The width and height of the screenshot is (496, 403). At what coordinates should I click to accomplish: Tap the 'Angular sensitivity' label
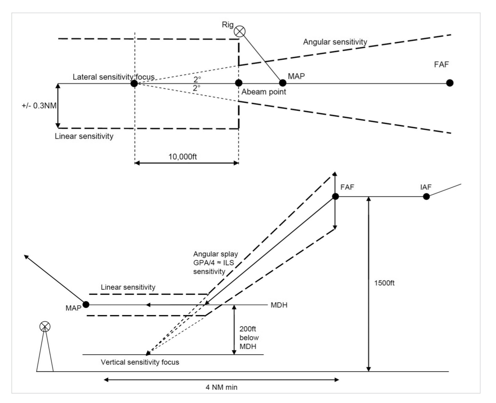335,42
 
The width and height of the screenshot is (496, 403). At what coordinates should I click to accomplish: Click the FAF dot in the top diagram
450,83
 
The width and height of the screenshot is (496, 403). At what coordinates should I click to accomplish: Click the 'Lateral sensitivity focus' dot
134,83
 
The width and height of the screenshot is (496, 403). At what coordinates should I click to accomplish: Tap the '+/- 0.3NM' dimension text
35,105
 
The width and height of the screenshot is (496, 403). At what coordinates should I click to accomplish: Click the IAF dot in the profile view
426,197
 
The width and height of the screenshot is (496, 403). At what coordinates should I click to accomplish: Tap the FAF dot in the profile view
335,196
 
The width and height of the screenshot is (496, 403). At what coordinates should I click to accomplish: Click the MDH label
279,305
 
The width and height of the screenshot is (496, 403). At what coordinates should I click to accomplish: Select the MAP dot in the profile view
86,304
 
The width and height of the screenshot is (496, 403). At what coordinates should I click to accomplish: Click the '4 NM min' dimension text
221,387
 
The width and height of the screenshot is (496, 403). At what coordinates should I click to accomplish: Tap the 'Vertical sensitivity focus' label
140,362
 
